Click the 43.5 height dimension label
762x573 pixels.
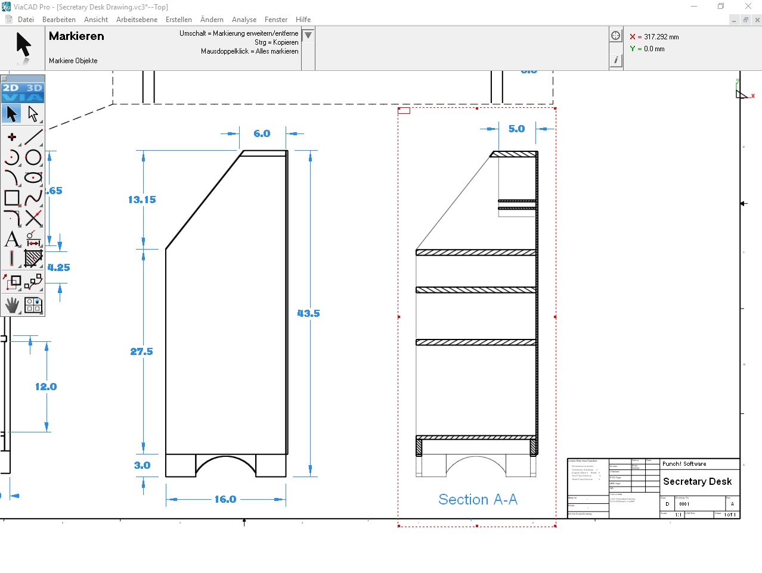coord(308,313)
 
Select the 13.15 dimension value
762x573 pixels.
coord(142,200)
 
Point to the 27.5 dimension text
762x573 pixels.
coord(141,351)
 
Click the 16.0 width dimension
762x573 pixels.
coord(225,499)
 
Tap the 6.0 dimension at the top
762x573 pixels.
coord(262,133)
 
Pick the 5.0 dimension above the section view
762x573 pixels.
coord(516,129)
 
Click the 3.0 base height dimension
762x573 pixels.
coord(142,465)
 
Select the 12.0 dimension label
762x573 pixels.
coord(46,387)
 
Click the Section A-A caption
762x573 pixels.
coord(478,499)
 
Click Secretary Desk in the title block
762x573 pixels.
coord(697,481)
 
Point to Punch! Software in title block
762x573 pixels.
coord(684,464)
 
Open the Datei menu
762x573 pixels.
coord(26,20)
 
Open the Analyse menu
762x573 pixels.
coord(244,20)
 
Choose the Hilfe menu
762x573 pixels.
coord(303,20)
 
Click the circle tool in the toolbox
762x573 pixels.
coord(33,157)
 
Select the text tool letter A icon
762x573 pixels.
coord(11,239)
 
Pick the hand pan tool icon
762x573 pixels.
coord(12,305)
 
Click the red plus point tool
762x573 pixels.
coord(11,137)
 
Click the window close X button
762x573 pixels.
coord(748,7)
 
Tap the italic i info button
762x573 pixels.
coord(615,60)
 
